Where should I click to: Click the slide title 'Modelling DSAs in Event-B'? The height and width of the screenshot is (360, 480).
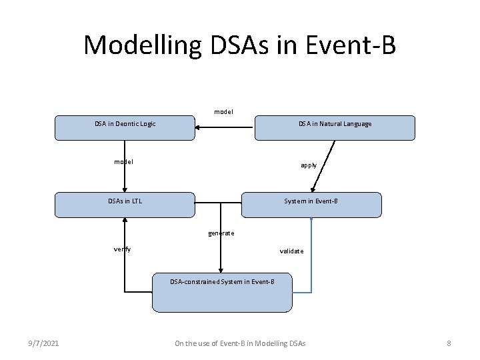coord(239,45)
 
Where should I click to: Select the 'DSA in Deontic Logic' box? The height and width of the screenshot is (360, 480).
coord(125,127)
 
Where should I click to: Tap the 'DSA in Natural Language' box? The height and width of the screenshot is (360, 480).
coord(335,127)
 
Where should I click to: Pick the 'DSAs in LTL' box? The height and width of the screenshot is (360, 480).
coord(125,205)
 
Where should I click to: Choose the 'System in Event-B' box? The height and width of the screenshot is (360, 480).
coord(311,205)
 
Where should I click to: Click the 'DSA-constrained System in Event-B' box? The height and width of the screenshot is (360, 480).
coord(222,293)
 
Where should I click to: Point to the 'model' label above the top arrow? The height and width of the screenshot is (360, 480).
coord(223,111)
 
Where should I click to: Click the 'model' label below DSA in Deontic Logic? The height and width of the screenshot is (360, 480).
coord(123,161)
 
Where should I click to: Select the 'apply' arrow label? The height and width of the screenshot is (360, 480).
coord(309,165)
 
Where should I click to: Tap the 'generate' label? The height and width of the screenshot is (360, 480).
coord(221,233)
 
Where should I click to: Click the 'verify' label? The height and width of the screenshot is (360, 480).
coord(122,249)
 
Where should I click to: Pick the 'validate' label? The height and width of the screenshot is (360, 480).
coord(291,251)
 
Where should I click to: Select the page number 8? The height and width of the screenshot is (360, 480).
coord(449,343)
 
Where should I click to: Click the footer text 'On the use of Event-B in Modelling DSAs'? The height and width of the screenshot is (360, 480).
coord(240,343)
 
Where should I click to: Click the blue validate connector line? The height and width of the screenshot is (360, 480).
coord(311,267)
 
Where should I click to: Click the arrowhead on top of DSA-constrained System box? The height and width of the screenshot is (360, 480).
coord(222,269)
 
